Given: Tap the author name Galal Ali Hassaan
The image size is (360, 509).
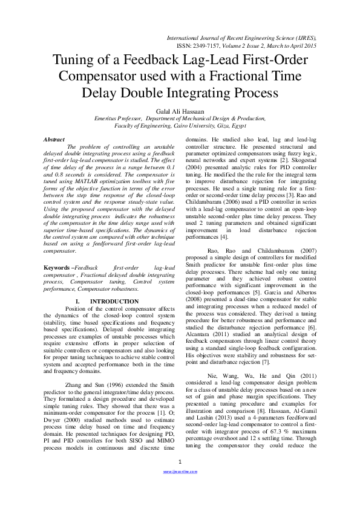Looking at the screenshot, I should (x=180, y=111).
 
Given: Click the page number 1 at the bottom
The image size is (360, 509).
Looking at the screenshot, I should (x=180, y=479).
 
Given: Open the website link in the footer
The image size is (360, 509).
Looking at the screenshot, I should (x=180, y=488).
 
